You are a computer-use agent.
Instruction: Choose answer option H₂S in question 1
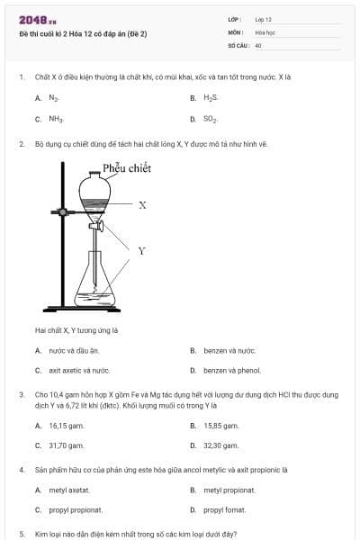pyautogui.click(x=211, y=97)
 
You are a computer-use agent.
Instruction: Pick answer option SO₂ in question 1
pyautogui.click(x=211, y=118)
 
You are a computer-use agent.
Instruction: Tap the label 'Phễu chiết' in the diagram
pyautogui.click(x=127, y=167)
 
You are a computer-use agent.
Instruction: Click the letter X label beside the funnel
pyautogui.click(x=142, y=205)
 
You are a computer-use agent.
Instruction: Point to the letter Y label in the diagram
pyautogui.click(x=141, y=250)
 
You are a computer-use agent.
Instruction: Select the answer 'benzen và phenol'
pyautogui.click(x=232, y=370)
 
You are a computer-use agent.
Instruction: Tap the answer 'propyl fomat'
pyautogui.click(x=224, y=510)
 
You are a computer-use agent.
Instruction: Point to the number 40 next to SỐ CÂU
pyautogui.click(x=258, y=44)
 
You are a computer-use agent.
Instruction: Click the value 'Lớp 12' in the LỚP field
pyautogui.click(x=263, y=19)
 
